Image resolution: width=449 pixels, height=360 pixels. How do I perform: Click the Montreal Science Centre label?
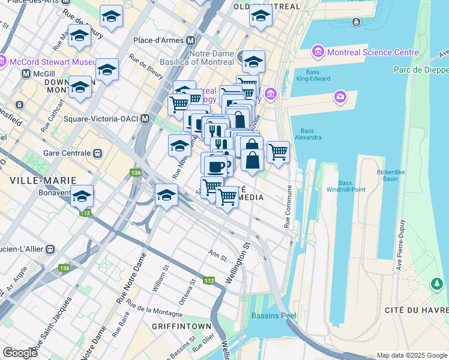click(372, 52)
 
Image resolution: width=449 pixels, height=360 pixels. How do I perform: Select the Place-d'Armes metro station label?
click(160, 40)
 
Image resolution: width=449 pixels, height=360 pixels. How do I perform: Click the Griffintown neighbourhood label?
click(181, 326)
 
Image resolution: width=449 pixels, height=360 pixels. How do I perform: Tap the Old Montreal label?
click(266, 7)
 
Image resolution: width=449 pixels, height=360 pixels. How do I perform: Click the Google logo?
click(20, 353)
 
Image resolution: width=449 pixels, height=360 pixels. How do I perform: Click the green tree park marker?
click(437, 283)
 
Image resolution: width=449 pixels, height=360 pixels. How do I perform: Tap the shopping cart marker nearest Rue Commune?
click(278, 152)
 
